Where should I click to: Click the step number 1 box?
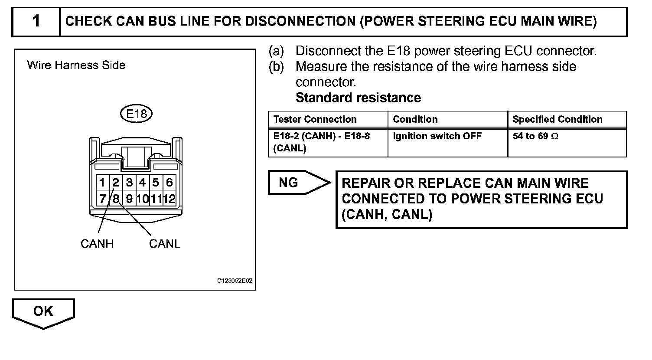[36, 21]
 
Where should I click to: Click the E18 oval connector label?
[136, 114]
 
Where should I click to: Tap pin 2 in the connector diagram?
[116, 182]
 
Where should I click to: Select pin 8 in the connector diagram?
[116, 199]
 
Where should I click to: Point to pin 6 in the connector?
[169, 182]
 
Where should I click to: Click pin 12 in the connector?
[169, 199]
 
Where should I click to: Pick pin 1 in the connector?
[102, 182]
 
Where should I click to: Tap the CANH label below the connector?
[97, 244]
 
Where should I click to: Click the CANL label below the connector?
[165, 244]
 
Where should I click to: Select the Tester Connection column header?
[315, 119]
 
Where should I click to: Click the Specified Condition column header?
[557, 119]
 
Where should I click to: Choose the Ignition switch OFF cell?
[437, 136]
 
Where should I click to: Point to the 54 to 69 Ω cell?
[535, 136]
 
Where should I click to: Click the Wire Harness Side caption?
[76, 65]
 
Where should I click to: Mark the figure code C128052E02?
[235, 281]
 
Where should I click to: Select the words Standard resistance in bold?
[358, 98]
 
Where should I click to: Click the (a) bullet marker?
[276, 51]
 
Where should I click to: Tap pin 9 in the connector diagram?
[129, 199]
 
